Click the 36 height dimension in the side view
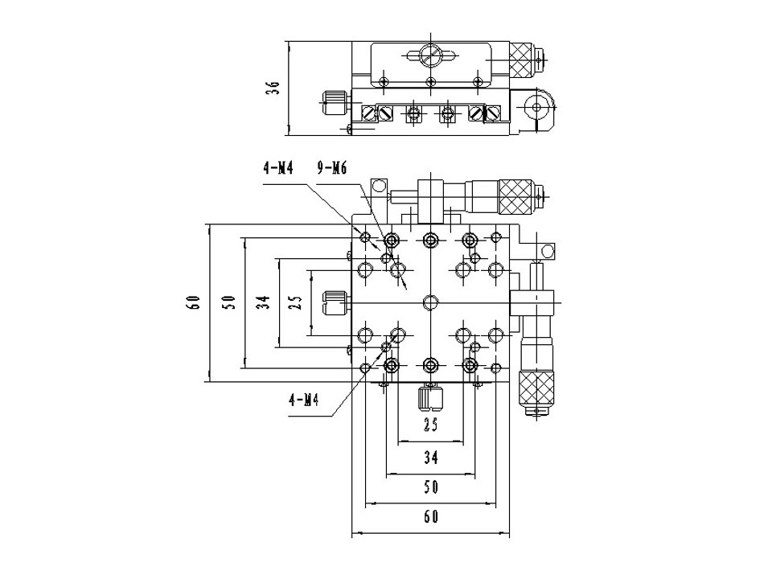[273, 88]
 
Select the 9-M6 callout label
[332, 168]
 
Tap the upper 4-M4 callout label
[278, 168]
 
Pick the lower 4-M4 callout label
[304, 400]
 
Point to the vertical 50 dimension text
[229, 302]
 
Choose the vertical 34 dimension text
[264, 302]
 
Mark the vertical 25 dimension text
[297, 302]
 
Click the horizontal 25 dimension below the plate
[431, 425]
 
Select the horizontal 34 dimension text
[431, 458]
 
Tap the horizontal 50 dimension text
[431, 487]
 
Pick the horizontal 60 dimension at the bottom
[431, 517]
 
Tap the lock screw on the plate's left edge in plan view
[335, 303]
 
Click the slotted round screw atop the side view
[431, 55]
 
